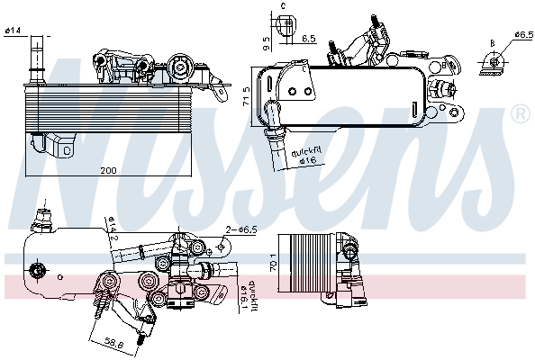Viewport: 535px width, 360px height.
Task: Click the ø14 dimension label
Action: pos(13,33)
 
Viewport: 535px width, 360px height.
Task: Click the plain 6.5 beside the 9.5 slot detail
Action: pos(309,38)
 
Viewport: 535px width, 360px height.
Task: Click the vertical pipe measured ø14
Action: pos(37,54)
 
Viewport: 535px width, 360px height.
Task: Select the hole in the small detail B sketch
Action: pos(494,58)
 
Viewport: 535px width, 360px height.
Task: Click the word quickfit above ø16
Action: pos(306,149)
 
